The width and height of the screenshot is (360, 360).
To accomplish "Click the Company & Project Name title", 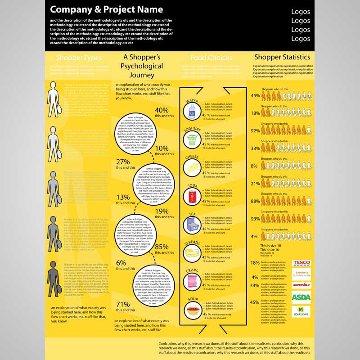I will tap(106, 9).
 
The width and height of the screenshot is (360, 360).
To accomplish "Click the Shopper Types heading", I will tap(79, 58).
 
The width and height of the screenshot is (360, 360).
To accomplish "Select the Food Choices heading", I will tap(211, 58).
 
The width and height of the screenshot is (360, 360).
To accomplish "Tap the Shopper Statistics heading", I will tap(282, 57).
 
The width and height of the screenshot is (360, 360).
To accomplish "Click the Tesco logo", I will tap(301, 263).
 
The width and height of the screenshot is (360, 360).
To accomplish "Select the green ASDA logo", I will tap(301, 297).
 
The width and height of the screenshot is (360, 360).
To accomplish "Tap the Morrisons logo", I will tap(301, 311).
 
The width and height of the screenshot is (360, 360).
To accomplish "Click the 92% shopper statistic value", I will tap(255, 131).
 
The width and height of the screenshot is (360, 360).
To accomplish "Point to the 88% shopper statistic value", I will tap(255, 201).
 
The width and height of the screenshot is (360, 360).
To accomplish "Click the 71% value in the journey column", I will tap(122, 304).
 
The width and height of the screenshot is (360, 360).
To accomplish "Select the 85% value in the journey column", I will tap(161, 247).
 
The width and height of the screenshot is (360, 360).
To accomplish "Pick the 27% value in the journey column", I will tap(122, 162).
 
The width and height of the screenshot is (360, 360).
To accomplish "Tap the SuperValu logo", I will tap(301, 285).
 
